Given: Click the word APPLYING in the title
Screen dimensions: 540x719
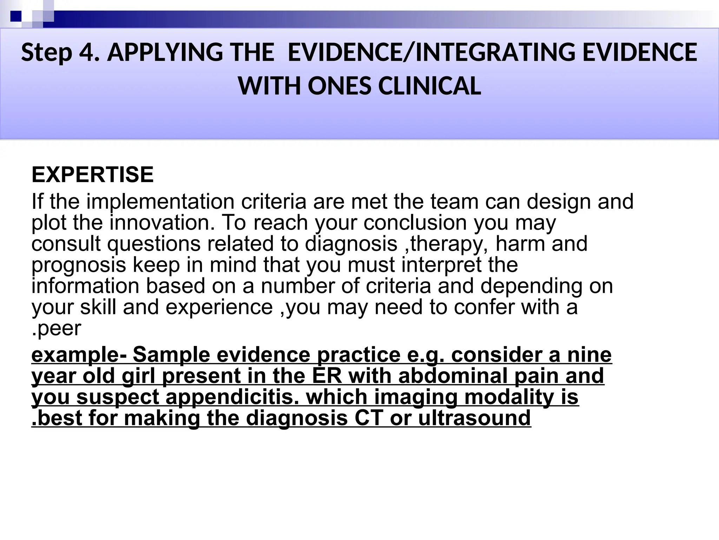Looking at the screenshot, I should click(165, 53).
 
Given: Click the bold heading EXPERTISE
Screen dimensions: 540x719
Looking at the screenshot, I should click(93, 175).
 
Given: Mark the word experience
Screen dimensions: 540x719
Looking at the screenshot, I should click(219, 307).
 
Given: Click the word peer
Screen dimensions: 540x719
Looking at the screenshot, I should click(59, 328).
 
